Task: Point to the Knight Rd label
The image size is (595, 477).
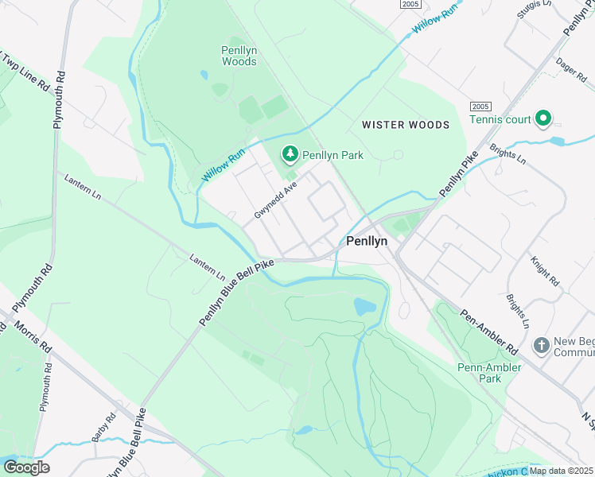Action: (545, 271)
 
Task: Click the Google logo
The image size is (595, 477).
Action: (27, 467)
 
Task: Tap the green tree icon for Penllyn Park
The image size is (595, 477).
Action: (290, 153)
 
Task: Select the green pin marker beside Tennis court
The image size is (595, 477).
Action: (543, 119)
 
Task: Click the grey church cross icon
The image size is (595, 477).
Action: (541, 346)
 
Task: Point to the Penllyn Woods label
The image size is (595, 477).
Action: (239, 56)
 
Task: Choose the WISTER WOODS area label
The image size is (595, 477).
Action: (405, 125)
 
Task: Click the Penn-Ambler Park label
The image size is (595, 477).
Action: (489, 373)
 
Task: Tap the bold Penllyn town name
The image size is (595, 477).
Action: (366, 240)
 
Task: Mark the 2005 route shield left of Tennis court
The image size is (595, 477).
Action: (480, 107)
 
